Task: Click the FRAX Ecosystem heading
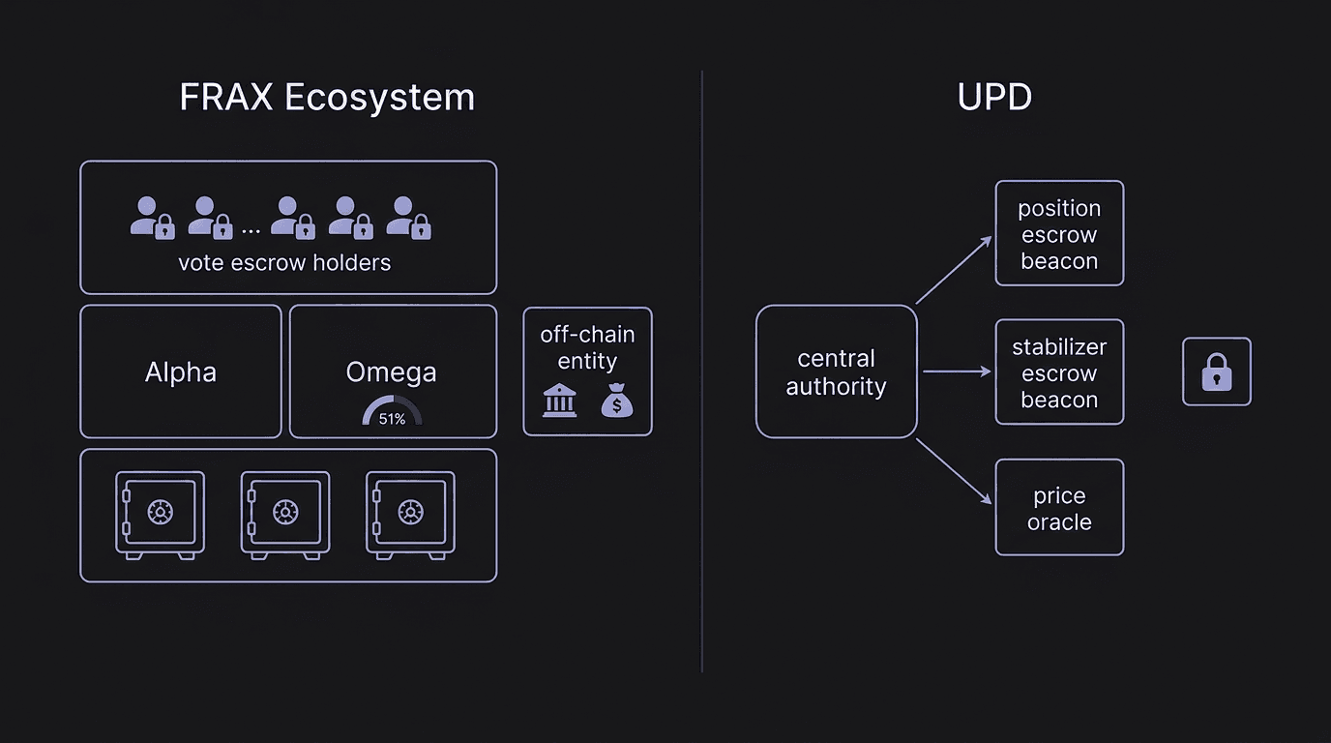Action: [x=327, y=98]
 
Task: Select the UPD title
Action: [x=994, y=98]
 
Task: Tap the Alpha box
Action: [x=181, y=372]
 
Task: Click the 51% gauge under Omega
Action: [x=392, y=413]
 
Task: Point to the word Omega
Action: [x=391, y=372]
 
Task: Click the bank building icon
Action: [x=559, y=400]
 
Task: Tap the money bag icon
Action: [x=617, y=400]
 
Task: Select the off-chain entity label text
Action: [x=587, y=348]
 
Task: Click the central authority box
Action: [x=836, y=372]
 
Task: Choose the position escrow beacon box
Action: [x=1059, y=234]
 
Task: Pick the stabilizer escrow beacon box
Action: [x=1059, y=372]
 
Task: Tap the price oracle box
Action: [x=1059, y=508]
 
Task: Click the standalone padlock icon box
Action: [x=1217, y=371]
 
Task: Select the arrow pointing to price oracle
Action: [x=954, y=471]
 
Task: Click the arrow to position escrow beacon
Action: [x=954, y=270]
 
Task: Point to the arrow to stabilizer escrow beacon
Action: [x=957, y=371]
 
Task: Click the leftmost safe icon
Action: [x=160, y=514]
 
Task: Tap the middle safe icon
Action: [x=284, y=514]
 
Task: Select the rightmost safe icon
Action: [x=410, y=514]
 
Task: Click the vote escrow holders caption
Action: [x=284, y=262]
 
